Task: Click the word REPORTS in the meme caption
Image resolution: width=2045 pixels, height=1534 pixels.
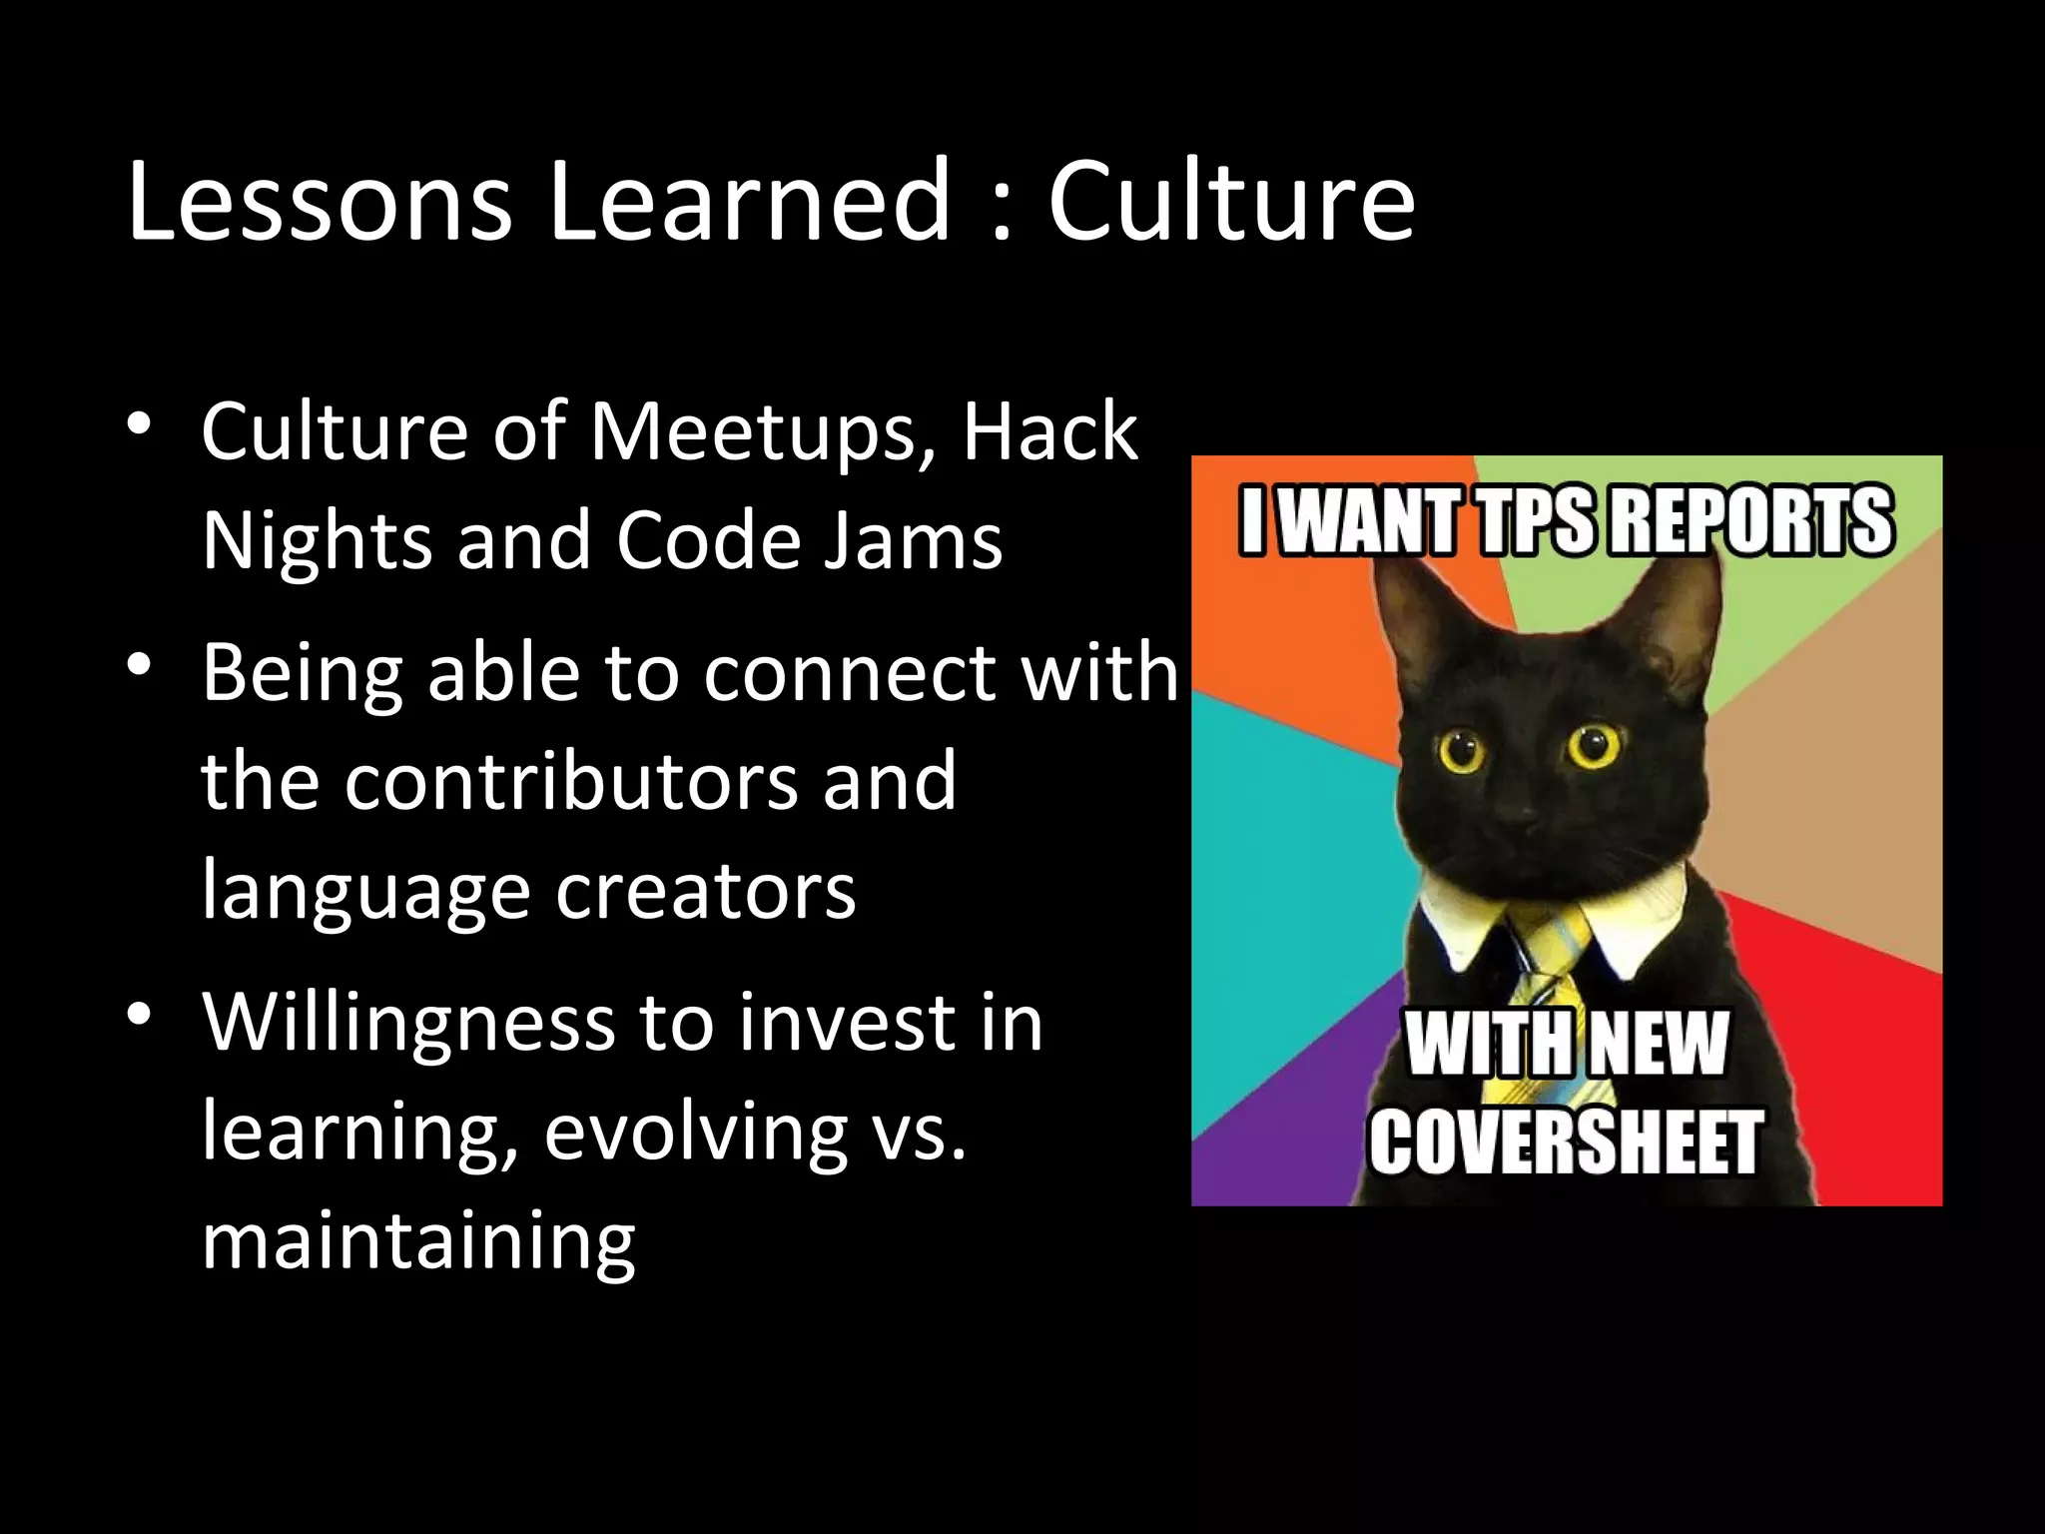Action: click(1751, 520)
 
